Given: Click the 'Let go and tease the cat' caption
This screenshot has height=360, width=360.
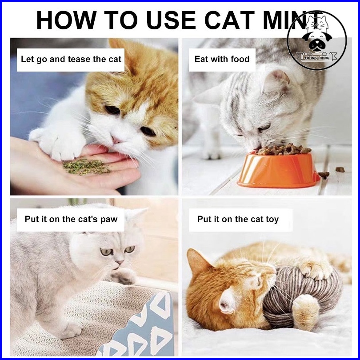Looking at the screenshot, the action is tap(71, 60).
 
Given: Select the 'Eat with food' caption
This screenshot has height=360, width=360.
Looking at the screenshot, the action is tap(222, 59).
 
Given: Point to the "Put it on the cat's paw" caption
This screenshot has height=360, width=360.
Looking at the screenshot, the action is tap(71, 219).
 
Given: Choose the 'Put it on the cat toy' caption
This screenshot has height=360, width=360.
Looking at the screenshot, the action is tap(238, 219).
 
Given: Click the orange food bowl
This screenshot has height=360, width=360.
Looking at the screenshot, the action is tap(278, 169).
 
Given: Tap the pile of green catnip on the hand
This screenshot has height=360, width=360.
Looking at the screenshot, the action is tap(86, 167).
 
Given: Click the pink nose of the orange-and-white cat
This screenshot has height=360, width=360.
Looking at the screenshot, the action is tap(116, 140).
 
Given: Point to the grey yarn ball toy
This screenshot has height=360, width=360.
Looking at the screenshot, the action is tap(303, 296).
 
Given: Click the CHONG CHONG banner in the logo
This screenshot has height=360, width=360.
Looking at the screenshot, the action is tap(317, 57).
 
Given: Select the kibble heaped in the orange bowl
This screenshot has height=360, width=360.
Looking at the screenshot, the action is tap(284, 149).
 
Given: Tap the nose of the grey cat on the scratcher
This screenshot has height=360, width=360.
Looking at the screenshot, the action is tap(120, 262).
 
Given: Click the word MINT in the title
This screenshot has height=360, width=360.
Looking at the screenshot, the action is tap(292, 20).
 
